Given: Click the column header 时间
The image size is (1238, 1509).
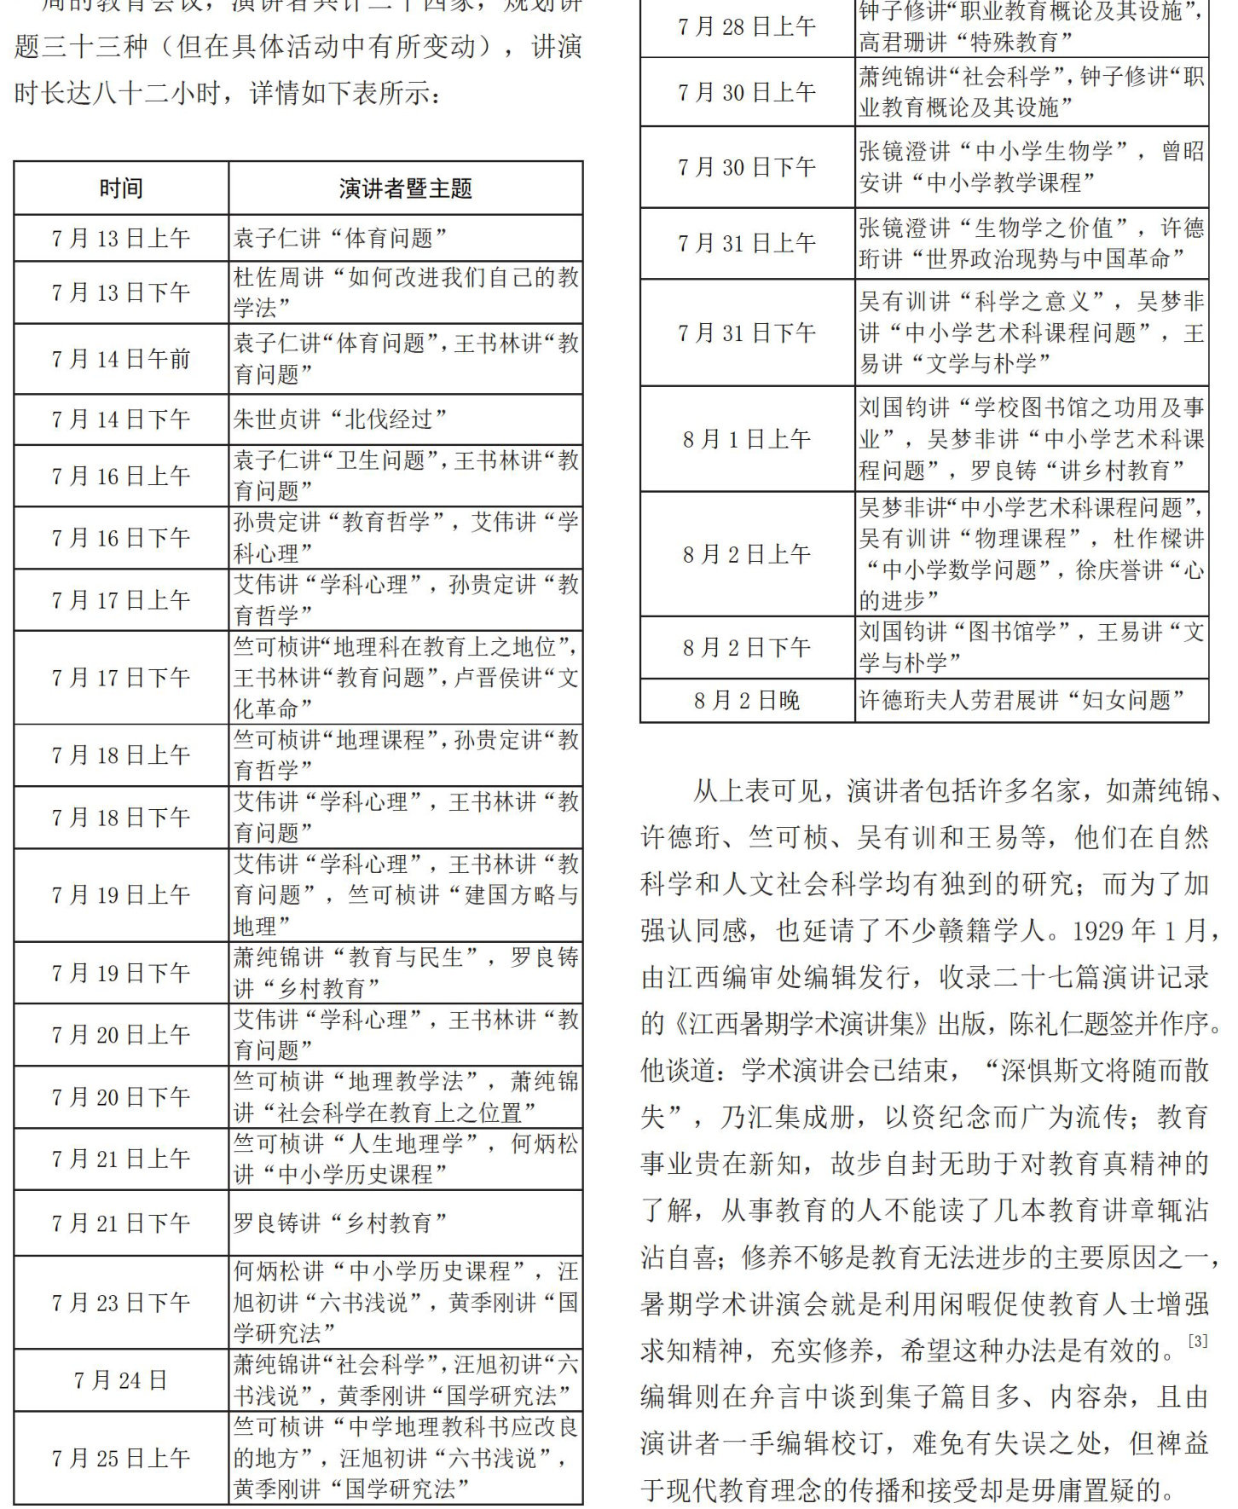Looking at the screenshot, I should tap(120, 188).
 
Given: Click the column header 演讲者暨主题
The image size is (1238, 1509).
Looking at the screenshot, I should tap(405, 188).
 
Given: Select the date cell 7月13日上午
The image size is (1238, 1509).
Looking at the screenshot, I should tap(120, 239).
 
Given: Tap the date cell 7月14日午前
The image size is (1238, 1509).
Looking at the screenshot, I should tap(120, 359).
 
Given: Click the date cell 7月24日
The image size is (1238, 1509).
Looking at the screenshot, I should tap(120, 1380).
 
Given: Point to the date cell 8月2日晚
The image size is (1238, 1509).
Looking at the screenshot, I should tap(746, 701).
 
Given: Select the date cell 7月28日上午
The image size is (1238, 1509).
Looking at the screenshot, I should tap(746, 27).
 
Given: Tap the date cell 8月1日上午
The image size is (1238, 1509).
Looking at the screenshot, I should tap(746, 439).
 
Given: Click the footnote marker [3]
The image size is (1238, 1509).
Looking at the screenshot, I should tap(1198, 1341).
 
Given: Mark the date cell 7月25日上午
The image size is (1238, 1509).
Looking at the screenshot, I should tap(120, 1458).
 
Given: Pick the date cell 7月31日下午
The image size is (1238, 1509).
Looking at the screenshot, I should tap(746, 332).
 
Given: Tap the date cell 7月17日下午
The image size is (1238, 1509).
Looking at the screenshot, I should tap(120, 678).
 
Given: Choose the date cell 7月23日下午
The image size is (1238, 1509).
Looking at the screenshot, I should tap(120, 1302).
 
